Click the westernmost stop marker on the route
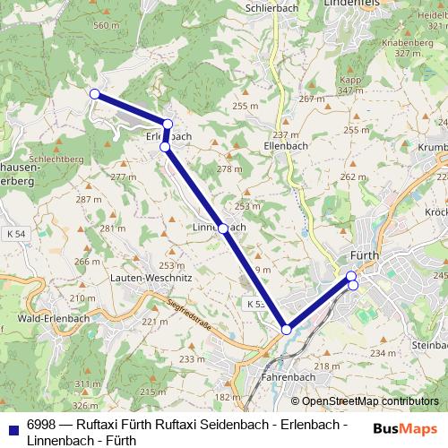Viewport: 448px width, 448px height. [94, 93]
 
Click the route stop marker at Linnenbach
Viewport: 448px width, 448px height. [222, 228]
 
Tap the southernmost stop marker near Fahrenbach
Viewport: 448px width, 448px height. [287, 330]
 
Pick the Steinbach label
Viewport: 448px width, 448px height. [427, 345]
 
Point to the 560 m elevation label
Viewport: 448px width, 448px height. [106, 25]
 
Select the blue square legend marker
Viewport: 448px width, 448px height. [13, 428]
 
